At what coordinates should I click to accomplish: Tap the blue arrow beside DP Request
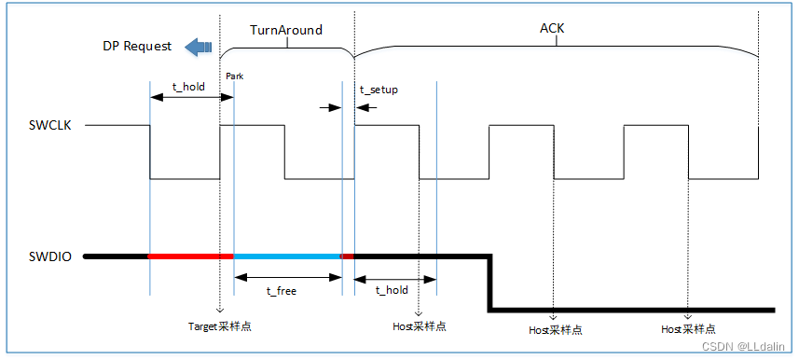point(198,46)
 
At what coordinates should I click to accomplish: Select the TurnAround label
point(286,30)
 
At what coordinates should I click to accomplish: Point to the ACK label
point(552,29)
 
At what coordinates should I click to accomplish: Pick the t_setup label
point(379,90)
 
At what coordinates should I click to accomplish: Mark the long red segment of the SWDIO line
point(191,255)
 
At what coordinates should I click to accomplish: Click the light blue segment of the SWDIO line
point(287,255)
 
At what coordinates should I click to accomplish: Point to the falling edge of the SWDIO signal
point(489,282)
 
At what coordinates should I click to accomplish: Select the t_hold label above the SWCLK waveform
point(188,86)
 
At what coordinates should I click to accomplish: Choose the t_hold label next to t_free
point(391,290)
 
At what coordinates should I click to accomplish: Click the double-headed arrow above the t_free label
point(288,276)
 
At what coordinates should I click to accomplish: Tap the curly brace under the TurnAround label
point(287,47)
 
